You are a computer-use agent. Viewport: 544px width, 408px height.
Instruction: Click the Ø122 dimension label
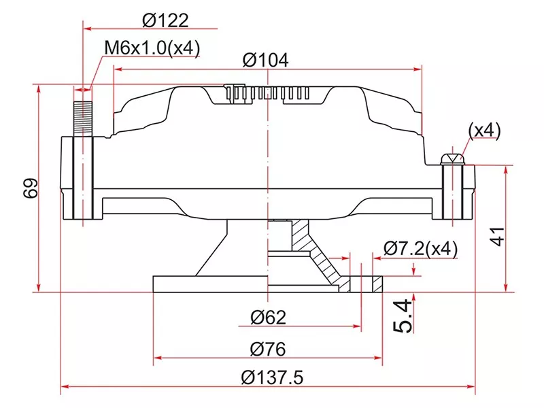click(165, 21)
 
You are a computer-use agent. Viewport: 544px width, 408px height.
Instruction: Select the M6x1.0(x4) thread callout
click(152, 48)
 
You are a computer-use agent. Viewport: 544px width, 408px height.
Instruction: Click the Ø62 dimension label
click(268, 317)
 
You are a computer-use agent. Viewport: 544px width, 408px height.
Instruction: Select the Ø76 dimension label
click(268, 349)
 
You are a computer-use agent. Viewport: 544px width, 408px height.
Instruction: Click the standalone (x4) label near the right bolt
click(484, 130)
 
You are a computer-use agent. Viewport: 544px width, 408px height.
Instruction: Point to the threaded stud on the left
click(82, 119)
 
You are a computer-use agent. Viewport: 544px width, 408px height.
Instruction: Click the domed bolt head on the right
click(452, 158)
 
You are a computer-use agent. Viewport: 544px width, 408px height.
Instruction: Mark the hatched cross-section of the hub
click(320, 258)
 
